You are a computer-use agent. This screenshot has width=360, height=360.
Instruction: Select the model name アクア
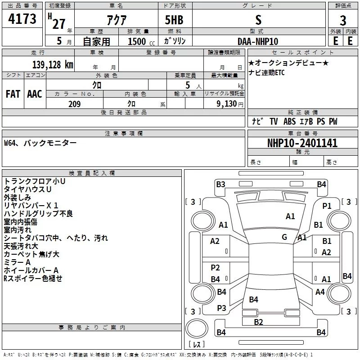pos(116,21)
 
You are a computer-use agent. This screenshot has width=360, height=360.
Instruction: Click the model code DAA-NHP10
pos(258,41)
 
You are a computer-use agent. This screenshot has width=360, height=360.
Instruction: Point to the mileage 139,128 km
pos(52,64)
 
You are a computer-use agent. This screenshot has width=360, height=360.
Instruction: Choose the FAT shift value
pos(13,94)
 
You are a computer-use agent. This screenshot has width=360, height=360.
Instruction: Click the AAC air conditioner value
pos(35,94)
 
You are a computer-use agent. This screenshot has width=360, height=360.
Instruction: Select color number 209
pos(74,104)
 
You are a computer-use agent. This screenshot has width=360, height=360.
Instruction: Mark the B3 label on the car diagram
pos(220,184)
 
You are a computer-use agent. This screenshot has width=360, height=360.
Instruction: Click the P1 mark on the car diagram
pos(327,206)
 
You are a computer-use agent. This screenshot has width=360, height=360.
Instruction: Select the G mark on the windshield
pos(284,237)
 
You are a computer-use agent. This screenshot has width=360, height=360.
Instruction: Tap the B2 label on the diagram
pos(258,322)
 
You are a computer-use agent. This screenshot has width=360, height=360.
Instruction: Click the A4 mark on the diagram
pos(320,292)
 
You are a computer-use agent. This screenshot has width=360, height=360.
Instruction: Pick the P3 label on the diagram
pos(221,308)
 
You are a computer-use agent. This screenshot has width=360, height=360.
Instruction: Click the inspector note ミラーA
pos(17,262)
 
